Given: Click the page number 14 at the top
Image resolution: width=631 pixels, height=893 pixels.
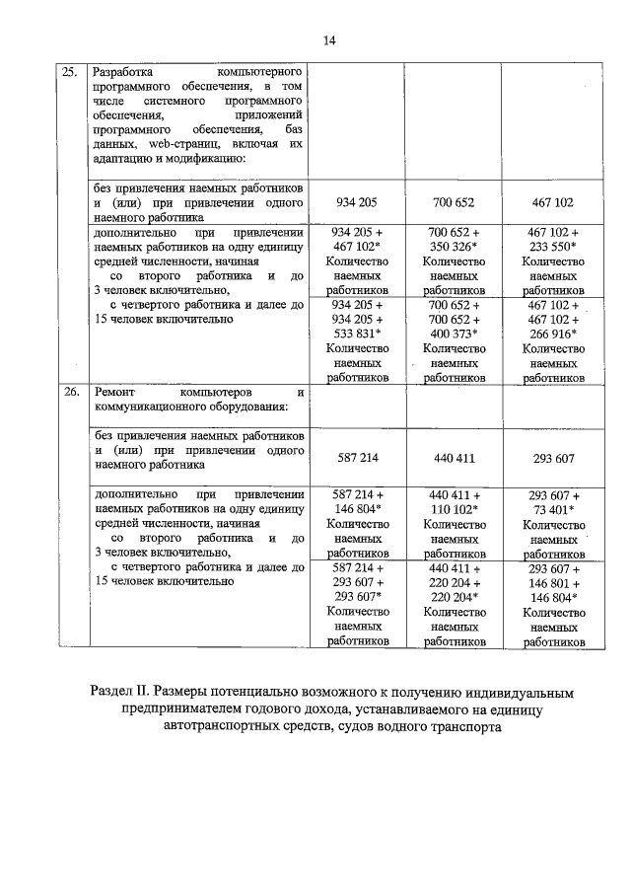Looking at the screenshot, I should pyautogui.click(x=329, y=39).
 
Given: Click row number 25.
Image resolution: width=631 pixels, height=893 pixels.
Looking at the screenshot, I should pyautogui.click(x=70, y=73).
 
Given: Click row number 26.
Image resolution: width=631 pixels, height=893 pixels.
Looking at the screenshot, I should pyautogui.click(x=70, y=392).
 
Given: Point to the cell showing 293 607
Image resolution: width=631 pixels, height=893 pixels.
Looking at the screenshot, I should pyautogui.click(x=551, y=458).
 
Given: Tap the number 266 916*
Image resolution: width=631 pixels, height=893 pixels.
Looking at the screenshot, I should pyautogui.click(x=551, y=334).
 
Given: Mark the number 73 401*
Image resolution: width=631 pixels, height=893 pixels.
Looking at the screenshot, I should pyautogui.click(x=552, y=510).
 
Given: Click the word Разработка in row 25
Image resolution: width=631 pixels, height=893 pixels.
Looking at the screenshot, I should pyautogui.click(x=124, y=73).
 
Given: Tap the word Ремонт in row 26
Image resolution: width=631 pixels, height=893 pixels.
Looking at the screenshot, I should pyautogui.click(x=114, y=392).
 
